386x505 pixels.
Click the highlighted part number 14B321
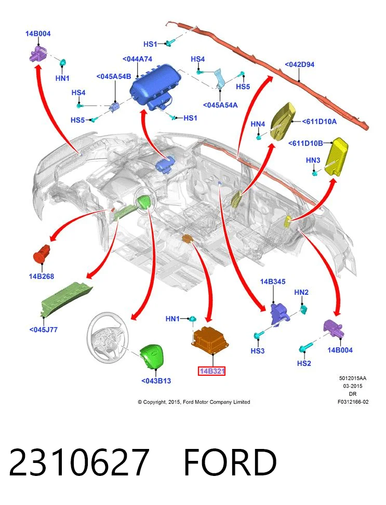tap(211, 371)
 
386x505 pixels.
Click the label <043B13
tap(156, 380)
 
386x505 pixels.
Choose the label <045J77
tap(43, 330)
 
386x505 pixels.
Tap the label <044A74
tap(137, 59)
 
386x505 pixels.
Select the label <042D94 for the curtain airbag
tap(299, 64)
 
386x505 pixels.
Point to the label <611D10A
tap(320, 121)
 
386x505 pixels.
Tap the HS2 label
tap(304, 363)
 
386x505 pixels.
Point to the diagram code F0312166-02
tap(353, 402)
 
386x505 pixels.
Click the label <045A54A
tap(220, 105)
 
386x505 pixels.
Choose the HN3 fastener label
tap(313, 160)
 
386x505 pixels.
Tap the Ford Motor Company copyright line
tap(194, 402)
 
